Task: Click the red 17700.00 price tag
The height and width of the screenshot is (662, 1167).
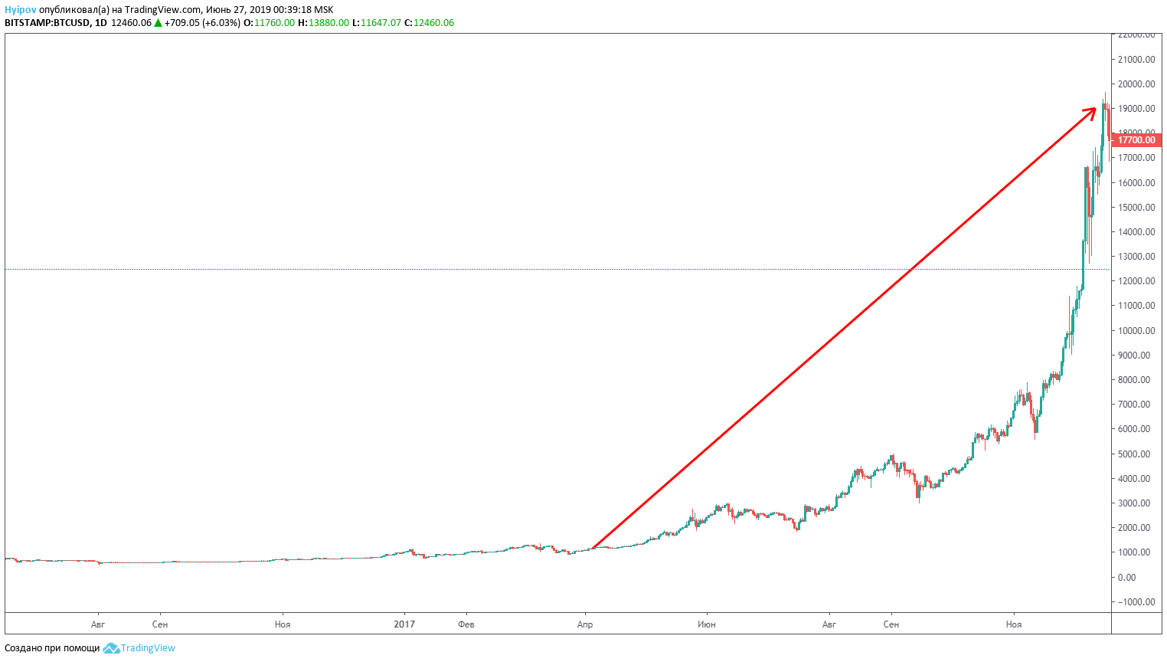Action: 1136,140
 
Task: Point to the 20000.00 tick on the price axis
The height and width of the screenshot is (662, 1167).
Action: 1136,84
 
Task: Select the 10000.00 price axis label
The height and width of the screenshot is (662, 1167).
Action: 1136,331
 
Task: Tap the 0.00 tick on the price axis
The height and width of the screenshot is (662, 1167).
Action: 1126,577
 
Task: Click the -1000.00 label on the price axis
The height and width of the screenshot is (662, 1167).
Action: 1136,602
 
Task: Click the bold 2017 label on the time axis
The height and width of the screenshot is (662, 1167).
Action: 404,624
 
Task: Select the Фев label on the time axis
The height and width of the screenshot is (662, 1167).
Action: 466,624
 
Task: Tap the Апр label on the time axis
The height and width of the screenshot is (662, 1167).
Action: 585,624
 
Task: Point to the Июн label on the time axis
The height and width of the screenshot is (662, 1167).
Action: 707,624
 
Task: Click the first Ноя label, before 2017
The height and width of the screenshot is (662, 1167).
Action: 283,624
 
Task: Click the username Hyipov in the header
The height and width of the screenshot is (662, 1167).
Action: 21,10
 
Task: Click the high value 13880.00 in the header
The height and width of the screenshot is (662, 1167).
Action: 329,23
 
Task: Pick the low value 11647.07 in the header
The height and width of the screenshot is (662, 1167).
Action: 381,23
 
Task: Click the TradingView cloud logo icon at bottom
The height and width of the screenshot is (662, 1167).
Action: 111,648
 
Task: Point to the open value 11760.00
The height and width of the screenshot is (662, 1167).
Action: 274,23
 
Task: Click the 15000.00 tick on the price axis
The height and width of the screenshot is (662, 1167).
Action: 1136,208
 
